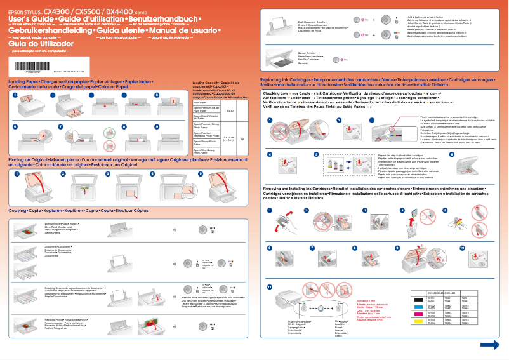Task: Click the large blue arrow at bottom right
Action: pyautogui.click(x=489, y=345)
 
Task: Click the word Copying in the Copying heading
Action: pyautogui.click(x=18, y=210)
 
